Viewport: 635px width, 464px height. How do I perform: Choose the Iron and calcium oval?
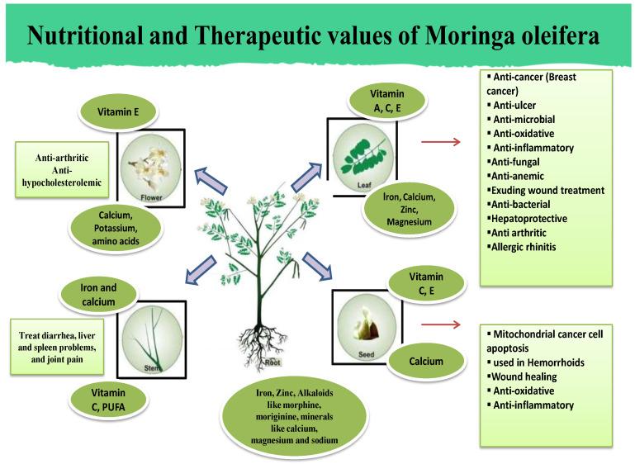pos(98,295)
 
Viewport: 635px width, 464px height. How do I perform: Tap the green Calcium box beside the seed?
pos(427,361)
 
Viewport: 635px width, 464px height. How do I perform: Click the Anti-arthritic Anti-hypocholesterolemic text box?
pos(63,168)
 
